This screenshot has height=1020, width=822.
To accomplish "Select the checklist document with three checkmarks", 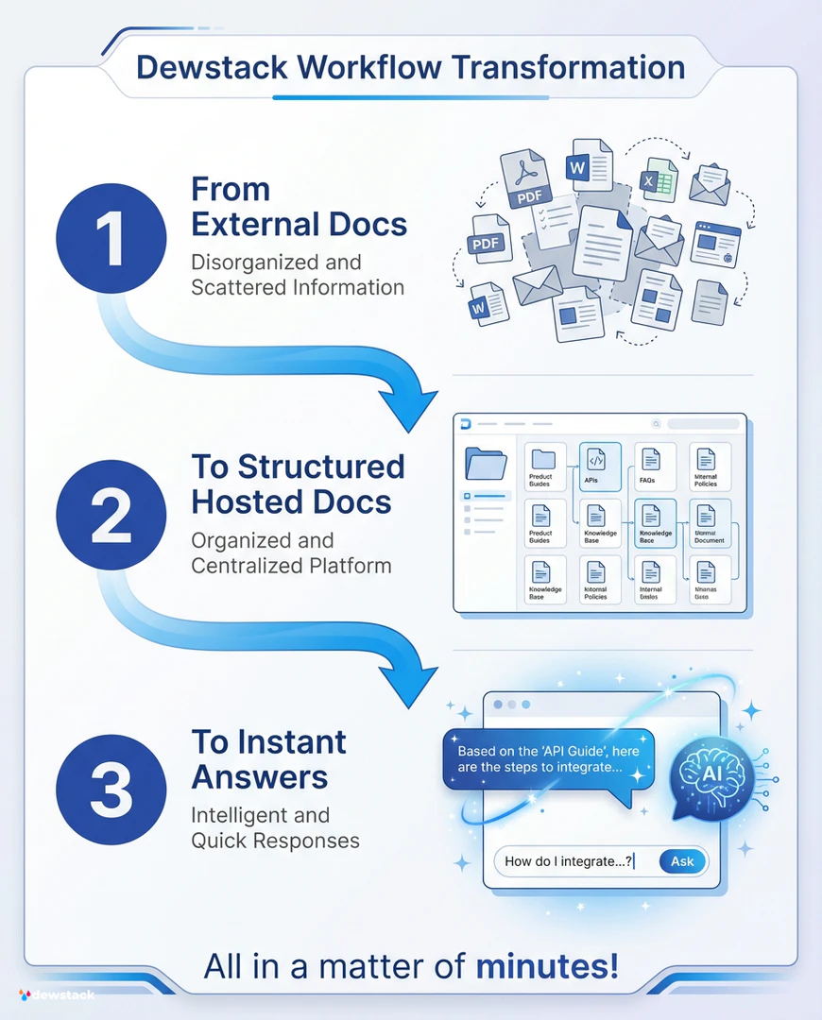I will (x=555, y=220).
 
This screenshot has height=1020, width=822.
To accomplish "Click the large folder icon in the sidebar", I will (x=486, y=465).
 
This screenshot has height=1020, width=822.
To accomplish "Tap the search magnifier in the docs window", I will (x=657, y=424).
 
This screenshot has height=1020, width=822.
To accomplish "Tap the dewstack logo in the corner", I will (x=57, y=994).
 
